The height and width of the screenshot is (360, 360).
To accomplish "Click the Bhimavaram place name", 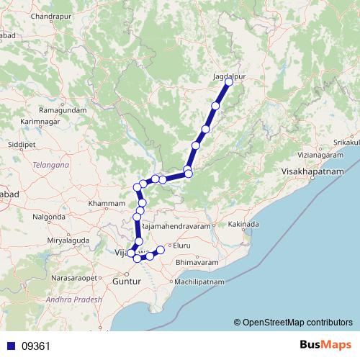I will coord(195,263).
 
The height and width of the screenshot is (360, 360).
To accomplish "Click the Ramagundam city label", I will coord(63,110).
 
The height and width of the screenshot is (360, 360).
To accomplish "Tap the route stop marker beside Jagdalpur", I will coord(229,82).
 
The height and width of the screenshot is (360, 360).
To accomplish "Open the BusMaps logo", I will coord(323,346).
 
